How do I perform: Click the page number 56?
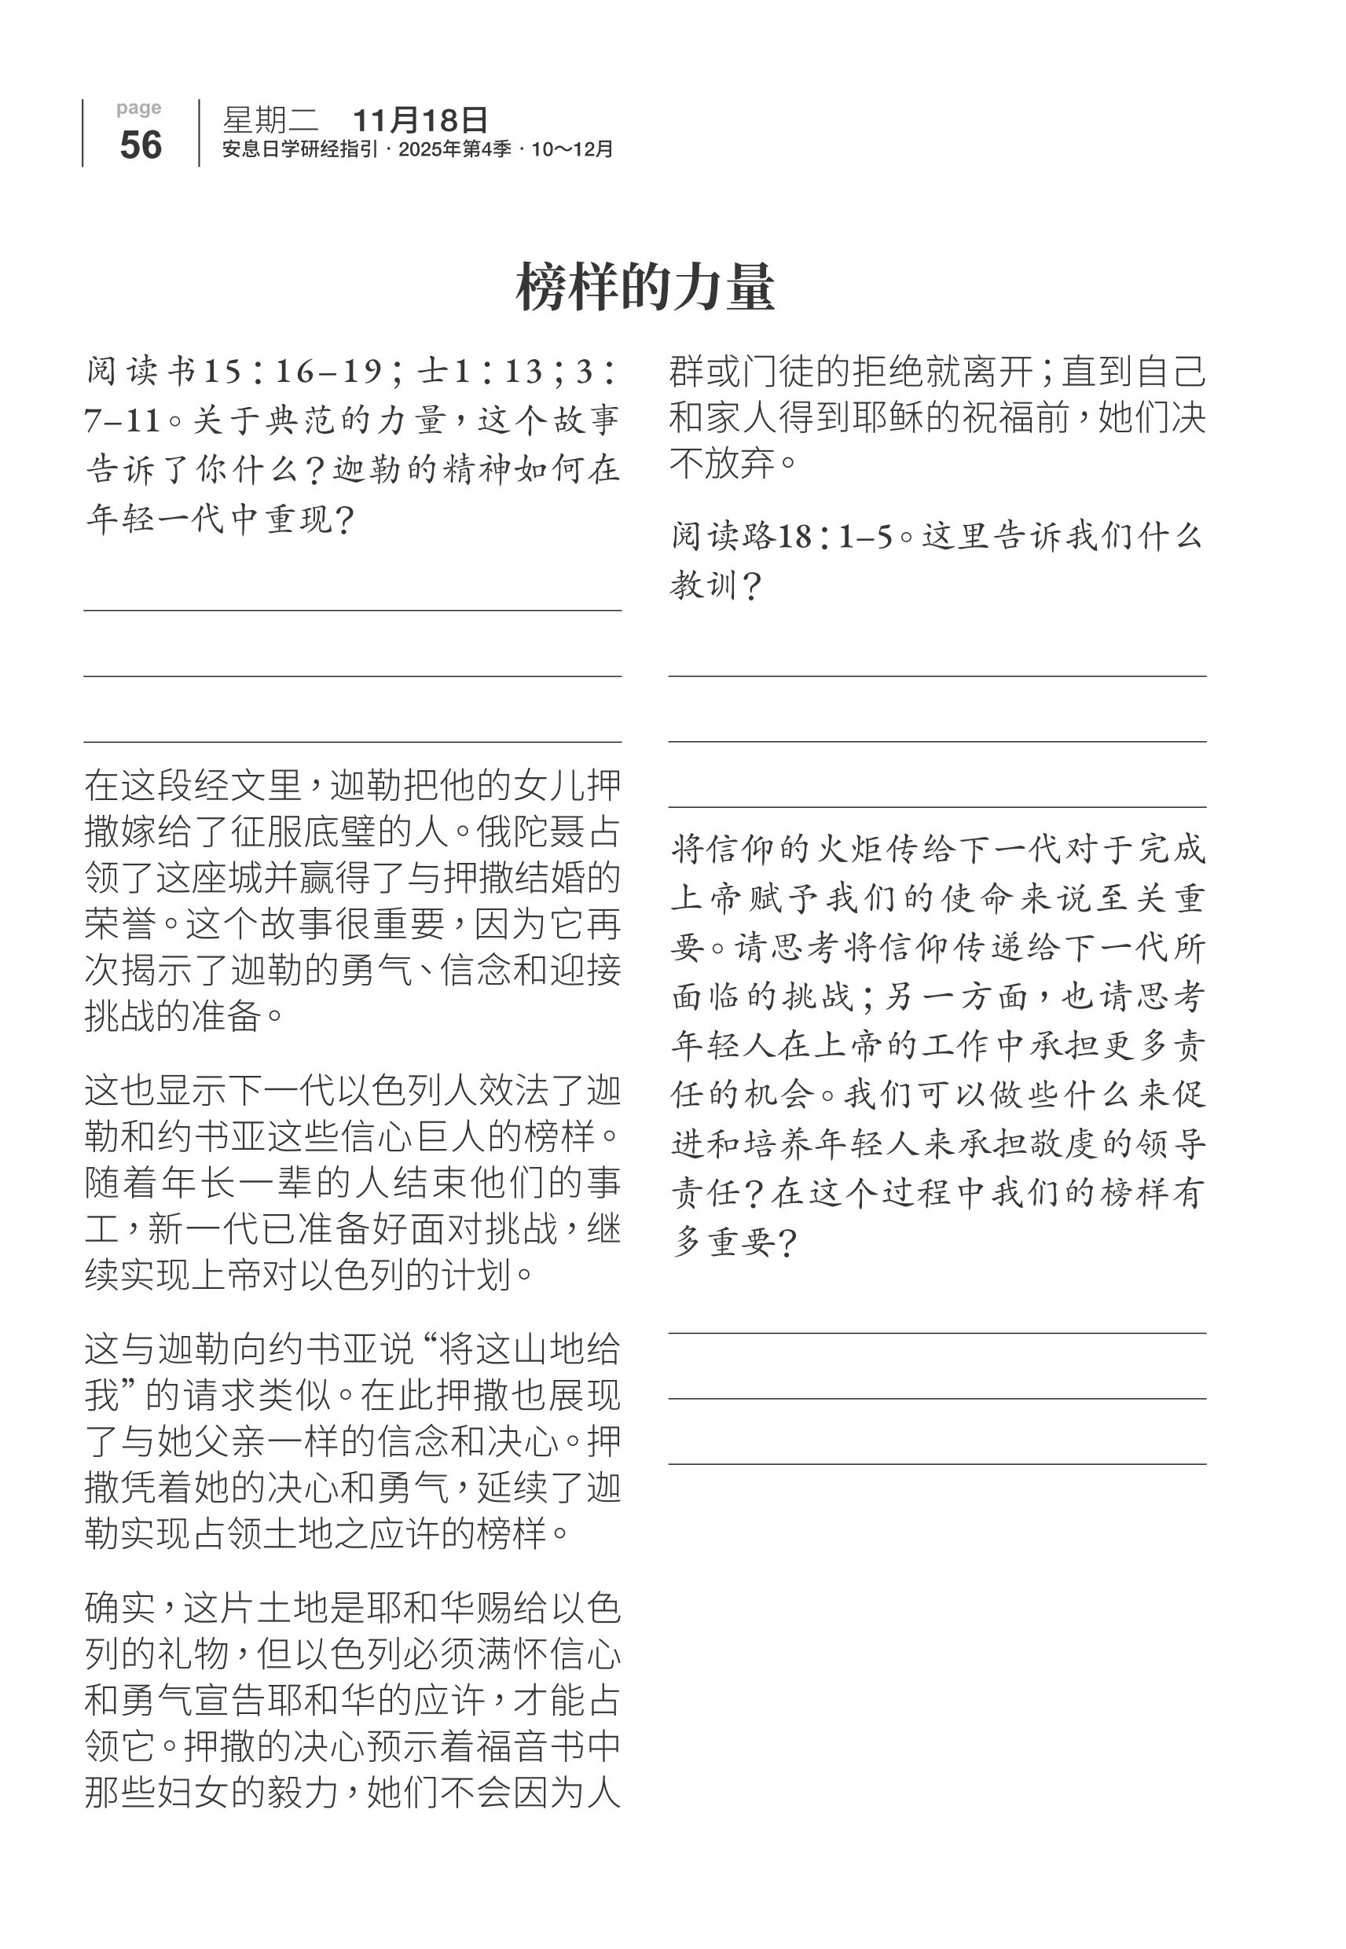click(x=140, y=145)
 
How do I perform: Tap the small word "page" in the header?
click(x=139, y=108)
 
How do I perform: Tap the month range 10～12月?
click(x=573, y=149)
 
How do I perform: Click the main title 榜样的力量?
click(x=645, y=288)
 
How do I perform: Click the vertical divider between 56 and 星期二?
click(x=199, y=134)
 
